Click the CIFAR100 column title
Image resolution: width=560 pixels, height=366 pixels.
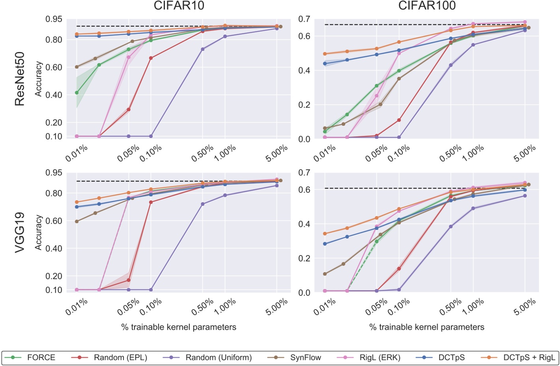pos(427,6)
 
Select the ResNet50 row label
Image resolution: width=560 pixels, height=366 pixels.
pos(20,79)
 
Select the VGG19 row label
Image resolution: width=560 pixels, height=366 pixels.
pos(20,232)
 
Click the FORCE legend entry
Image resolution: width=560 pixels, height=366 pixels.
pos(41,358)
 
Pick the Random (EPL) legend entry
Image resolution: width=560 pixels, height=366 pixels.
pos(120,358)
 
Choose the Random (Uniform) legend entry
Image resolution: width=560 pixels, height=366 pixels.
pos(218,358)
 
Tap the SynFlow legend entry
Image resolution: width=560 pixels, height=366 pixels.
pos(305,358)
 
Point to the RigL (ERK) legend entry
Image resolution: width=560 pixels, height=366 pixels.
pos(380,358)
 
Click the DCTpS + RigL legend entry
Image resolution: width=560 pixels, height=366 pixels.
pos(529,358)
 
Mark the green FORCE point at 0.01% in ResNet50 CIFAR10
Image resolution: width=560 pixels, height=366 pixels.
pos(77,93)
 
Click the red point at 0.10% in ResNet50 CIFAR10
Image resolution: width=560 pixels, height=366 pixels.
pos(151,58)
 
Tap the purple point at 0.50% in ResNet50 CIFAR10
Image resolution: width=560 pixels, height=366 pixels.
pos(203,49)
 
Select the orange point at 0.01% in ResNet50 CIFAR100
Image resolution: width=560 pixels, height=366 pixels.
pos(325,54)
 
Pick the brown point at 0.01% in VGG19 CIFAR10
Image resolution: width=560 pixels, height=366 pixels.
pos(77,221)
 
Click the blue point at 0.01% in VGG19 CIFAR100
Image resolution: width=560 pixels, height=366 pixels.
pos(325,244)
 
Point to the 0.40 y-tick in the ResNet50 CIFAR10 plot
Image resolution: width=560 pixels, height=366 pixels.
pos(54,95)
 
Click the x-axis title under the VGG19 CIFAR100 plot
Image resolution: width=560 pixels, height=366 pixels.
pos(427,327)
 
